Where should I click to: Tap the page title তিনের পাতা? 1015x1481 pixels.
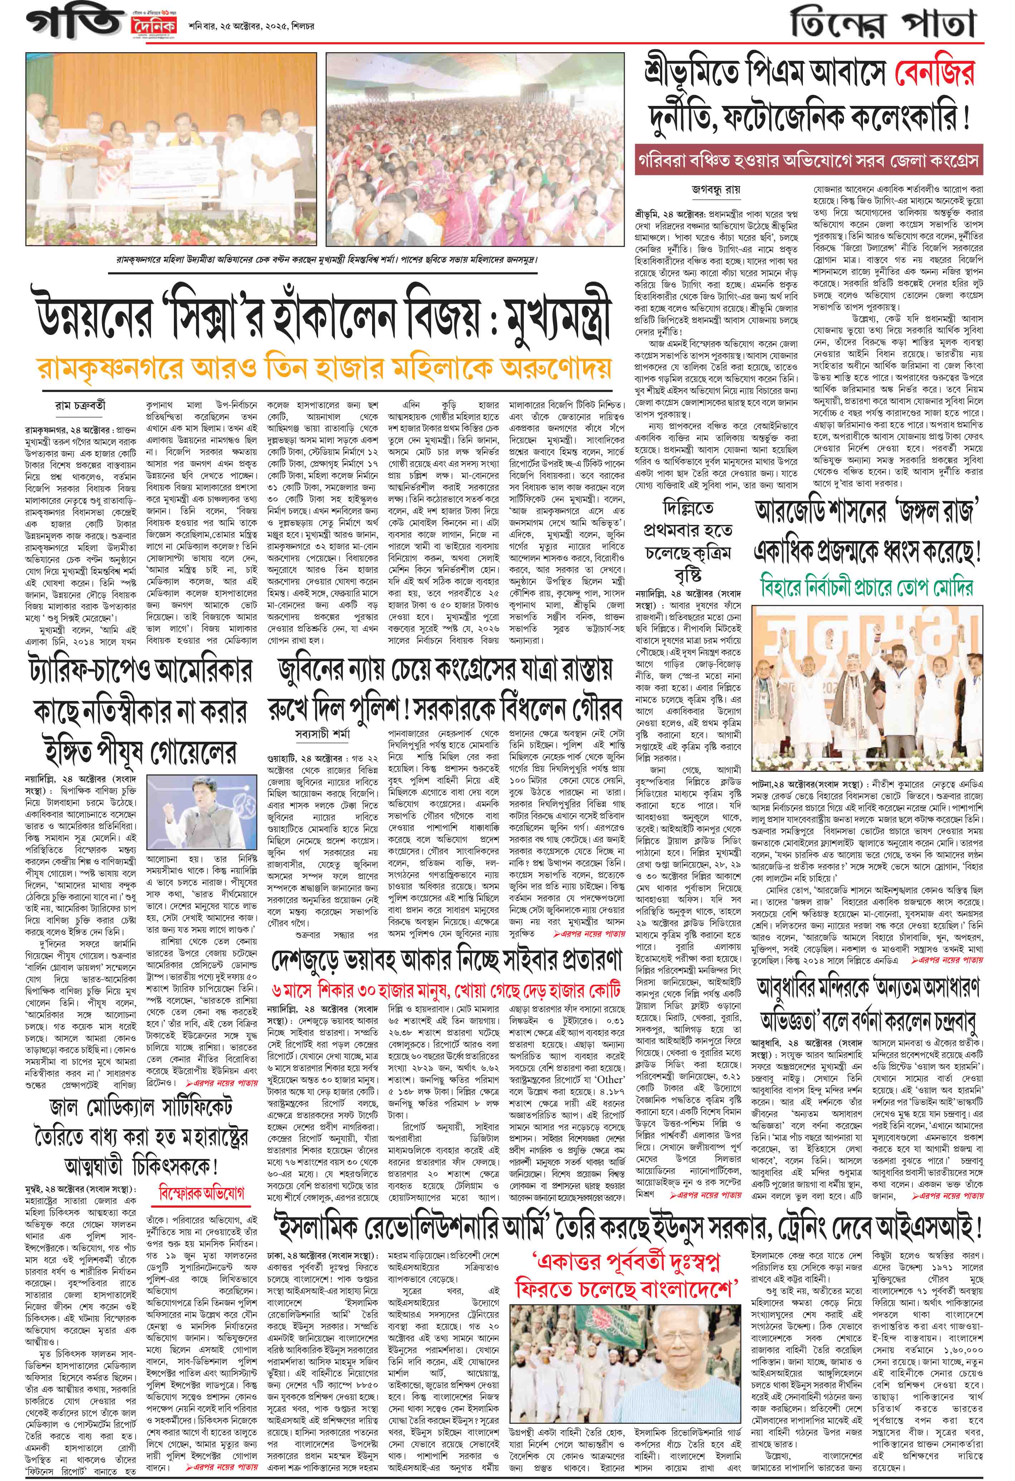[883, 24]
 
